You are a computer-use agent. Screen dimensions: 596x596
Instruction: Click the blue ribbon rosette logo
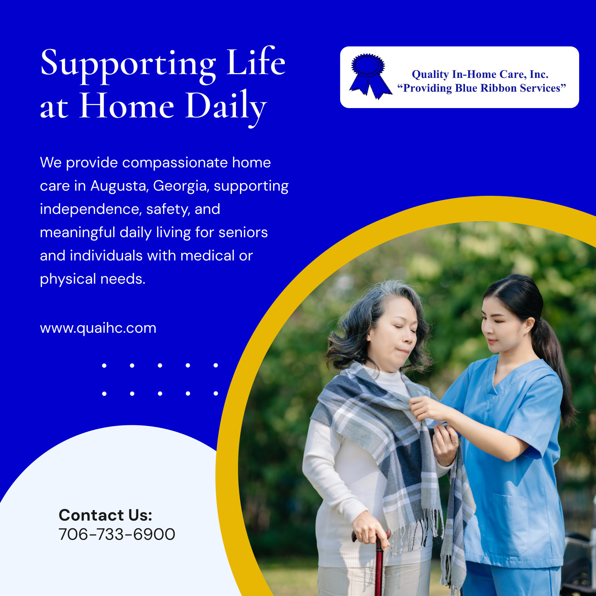click(x=369, y=76)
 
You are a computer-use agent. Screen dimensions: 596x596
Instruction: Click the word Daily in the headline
click(x=226, y=107)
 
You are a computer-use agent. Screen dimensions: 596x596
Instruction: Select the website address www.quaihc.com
click(x=98, y=328)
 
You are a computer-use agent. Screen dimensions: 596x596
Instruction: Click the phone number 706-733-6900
click(x=117, y=534)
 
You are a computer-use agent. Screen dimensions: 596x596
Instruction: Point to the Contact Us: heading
click(x=106, y=515)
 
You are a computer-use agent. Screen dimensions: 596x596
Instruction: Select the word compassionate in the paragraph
click(x=175, y=163)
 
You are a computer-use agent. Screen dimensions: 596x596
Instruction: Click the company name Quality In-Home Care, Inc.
click(x=480, y=74)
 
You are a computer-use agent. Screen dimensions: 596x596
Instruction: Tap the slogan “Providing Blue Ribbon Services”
click(x=482, y=88)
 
